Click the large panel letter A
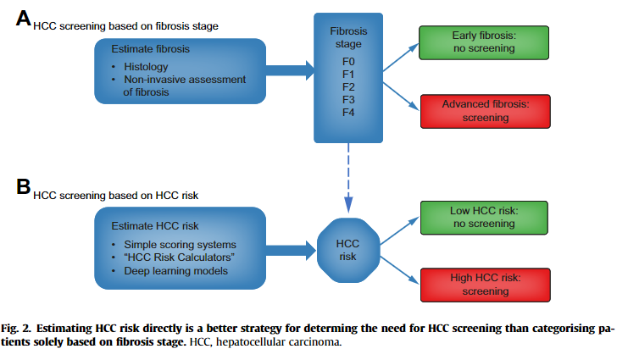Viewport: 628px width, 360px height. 23,19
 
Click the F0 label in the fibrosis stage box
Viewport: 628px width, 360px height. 347,61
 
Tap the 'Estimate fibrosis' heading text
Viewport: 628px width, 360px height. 150,48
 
